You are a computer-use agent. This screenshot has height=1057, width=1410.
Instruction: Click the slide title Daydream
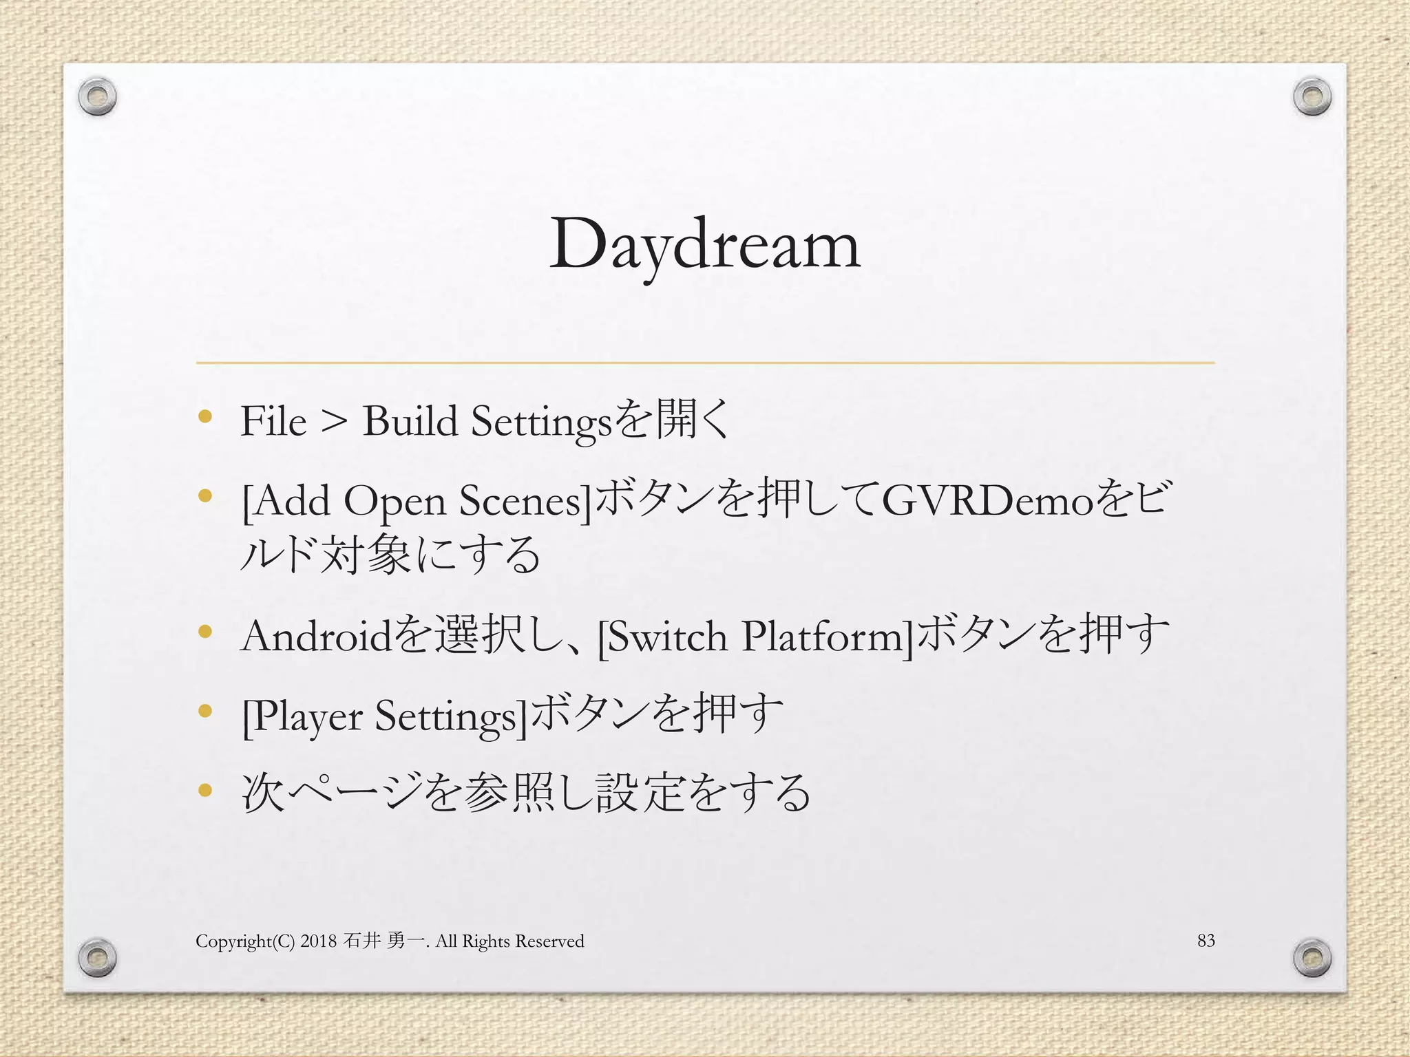pyautogui.click(x=704, y=245)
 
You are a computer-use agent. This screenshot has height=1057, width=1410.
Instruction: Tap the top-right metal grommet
pyautogui.click(x=1312, y=97)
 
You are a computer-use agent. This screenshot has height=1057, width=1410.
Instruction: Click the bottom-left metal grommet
pyautogui.click(x=97, y=956)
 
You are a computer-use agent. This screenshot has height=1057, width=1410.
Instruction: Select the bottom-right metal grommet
pyautogui.click(x=1312, y=957)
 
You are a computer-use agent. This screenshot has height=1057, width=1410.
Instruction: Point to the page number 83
pyautogui.click(x=1206, y=940)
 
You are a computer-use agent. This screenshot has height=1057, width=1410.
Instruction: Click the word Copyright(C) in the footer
pyautogui.click(x=245, y=941)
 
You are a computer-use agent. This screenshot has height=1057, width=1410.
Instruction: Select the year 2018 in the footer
pyautogui.click(x=318, y=941)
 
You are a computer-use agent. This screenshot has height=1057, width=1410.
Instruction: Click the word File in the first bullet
pyautogui.click(x=273, y=421)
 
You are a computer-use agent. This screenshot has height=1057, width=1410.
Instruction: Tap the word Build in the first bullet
pyautogui.click(x=410, y=421)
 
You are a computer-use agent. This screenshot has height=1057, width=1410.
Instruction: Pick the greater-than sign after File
pyautogui.click(x=334, y=423)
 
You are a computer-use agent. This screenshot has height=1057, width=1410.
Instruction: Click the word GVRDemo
pyautogui.click(x=988, y=501)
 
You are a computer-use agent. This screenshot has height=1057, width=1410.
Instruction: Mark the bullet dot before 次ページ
pyautogui.click(x=204, y=790)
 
